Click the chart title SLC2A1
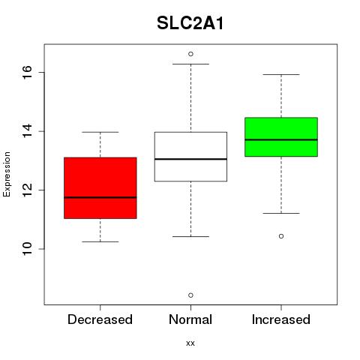[x=190, y=23]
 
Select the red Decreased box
[x=100, y=188]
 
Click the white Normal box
[x=190, y=157]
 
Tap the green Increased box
[x=281, y=137]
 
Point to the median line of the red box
[x=100, y=197]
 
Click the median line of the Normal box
[x=190, y=159]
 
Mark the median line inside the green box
[x=281, y=139]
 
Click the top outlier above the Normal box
[x=190, y=54]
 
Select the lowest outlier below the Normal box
[x=190, y=295]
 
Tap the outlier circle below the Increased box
[x=281, y=236]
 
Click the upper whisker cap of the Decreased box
[x=100, y=132]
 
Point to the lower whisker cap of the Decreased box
[x=100, y=241]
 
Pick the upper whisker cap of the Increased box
[x=281, y=74]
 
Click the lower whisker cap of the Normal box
[x=190, y=236]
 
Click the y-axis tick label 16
[x=28, y=72]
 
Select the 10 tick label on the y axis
[x=28, y=249]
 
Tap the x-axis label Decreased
[x=100, y=319]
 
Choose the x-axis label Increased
[x=281, y=319]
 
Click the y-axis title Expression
[x=7, y=174]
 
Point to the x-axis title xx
[x=190, y=343]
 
